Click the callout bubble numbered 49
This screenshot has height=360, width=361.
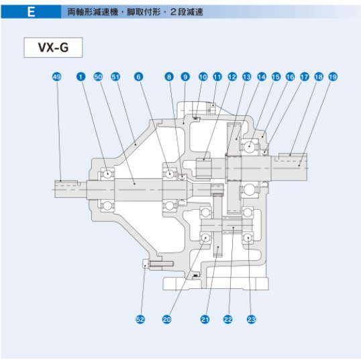57,77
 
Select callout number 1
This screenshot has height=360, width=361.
81,77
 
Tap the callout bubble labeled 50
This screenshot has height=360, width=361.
98,77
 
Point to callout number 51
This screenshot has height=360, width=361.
115,77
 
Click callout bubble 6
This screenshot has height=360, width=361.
139,77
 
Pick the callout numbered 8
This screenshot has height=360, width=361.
169,77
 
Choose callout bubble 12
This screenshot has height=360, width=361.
232,77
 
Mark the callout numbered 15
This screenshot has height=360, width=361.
276,77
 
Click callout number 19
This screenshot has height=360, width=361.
333,77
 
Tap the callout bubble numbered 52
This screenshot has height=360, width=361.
140,319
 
